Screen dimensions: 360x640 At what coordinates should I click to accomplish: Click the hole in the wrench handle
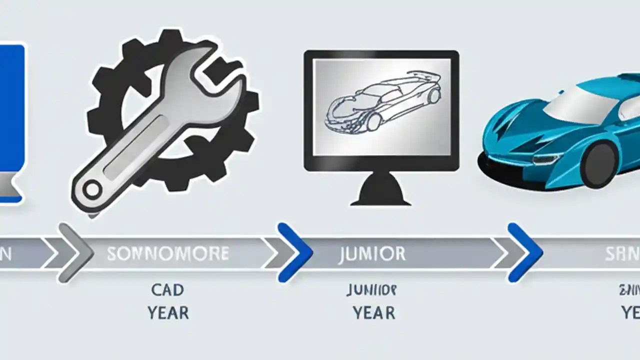point(92,189)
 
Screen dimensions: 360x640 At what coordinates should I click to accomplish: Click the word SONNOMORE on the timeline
point(167,254)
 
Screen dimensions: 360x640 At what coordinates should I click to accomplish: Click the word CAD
point(167,289)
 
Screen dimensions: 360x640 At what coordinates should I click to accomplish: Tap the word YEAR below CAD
point(168,313)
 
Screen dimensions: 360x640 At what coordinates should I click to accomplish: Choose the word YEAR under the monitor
point(373,313)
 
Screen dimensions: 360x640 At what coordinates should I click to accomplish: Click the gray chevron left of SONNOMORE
point(75,252)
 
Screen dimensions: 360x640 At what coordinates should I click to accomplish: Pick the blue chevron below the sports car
point(525,252)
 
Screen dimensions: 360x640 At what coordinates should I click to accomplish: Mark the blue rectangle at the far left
point(11,120)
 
